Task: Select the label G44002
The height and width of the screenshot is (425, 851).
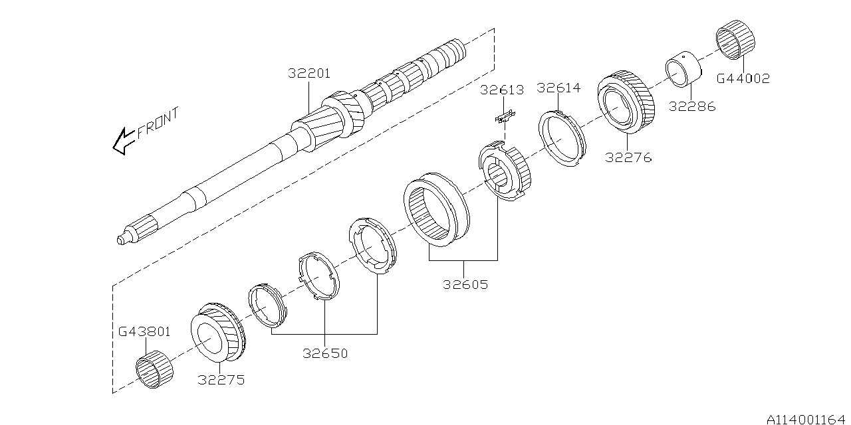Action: (x=743, y=78)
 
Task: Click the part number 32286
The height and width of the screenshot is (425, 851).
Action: (x=691, y=106)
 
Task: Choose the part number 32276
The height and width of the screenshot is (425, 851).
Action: (x=628, y=157)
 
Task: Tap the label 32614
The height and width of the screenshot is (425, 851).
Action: (x=558, y=88)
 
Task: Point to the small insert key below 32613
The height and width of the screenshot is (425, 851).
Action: (x=505, y=117)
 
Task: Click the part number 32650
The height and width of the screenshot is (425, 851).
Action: (x=325, y=353)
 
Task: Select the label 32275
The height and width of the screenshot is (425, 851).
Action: (x=221, y=380)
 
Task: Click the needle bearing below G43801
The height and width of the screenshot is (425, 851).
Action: (x=155, y=369)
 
